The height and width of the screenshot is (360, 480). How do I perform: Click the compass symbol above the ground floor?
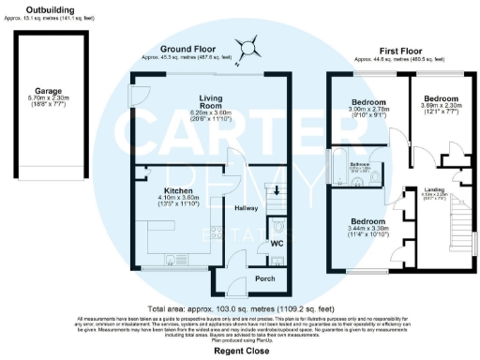click(x=247, y=43)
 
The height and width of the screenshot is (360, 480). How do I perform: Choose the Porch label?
click(x=265, y=279)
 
